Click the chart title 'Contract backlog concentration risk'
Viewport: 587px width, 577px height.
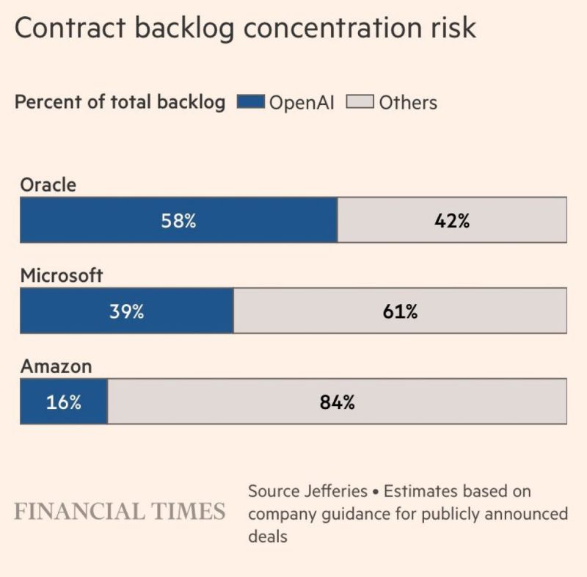pyautogui.click(x=245, y=28)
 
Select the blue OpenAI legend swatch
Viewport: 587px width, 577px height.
pyautogui.click(x=250, y=102)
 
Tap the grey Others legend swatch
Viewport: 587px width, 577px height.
pyautogui.click(x=365, y=102)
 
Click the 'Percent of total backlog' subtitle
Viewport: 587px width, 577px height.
pyautogui.click(x=120, y=102)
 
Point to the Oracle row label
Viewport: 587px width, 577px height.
pyautogui.click(x=48, y=184)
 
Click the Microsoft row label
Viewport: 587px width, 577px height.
pyautogui.click(x=62, y=275)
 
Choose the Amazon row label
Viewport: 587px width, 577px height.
pyautogui.click(x=56, y=366)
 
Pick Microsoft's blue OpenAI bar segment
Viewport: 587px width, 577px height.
pyautogui.click(x=73, y=311)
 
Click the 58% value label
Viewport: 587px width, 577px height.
pyautogui.click(x=178, y=220)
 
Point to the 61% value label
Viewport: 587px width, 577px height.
pyautogui.click(x=400, y=311)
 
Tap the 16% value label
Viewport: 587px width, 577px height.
pyautogui.click(x=63, y=402)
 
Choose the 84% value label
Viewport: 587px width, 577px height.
pyautogui.click(x=338, y=402)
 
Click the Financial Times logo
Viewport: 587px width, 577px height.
pyautogui.click(x=120, y=511)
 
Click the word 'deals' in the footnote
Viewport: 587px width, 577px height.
pyautogui.click(x=267, y=536)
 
